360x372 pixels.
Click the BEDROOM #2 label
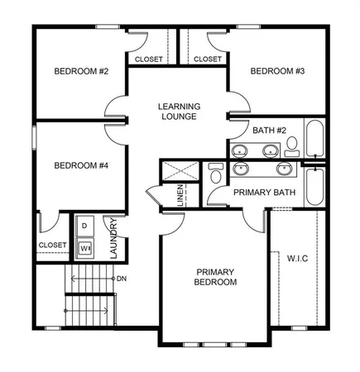[x=82, y=72]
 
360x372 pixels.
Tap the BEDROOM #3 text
[x=278, y=72]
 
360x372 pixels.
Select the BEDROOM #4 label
[x=82, y=165]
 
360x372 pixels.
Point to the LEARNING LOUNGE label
[x=181, y=112]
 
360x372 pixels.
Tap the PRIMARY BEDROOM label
[x=216, y=277]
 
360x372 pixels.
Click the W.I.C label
[x=297, y=258]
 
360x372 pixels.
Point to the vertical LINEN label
[x=180, y=195]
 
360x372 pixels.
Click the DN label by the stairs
[x=122, y=279]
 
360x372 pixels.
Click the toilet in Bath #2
[x=291, y=147]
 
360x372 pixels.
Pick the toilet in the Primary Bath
[x=216, y=173]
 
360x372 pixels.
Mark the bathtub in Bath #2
[x=316, y=139]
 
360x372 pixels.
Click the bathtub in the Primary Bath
[x=315, y=186]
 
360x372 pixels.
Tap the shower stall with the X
[x=180, y=170]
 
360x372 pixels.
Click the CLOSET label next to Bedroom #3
[x=207, y=60]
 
